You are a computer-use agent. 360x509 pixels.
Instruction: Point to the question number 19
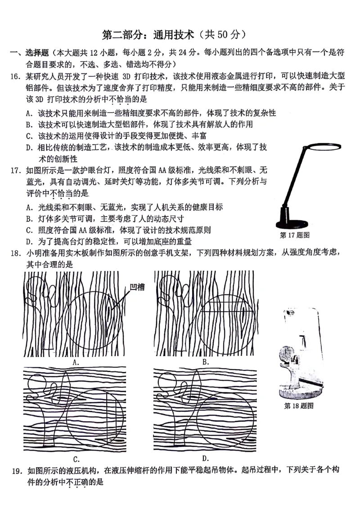[17, 471]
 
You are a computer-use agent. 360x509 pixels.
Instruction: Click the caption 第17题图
[294, 235]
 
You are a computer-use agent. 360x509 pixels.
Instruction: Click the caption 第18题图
[298, 406]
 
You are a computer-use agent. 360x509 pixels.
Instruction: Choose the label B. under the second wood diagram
[205, 362]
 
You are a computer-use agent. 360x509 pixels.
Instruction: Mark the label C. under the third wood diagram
[76, 459]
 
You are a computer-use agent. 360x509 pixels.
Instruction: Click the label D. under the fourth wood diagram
[206, 458]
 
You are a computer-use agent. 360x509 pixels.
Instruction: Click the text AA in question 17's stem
[161, 170]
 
